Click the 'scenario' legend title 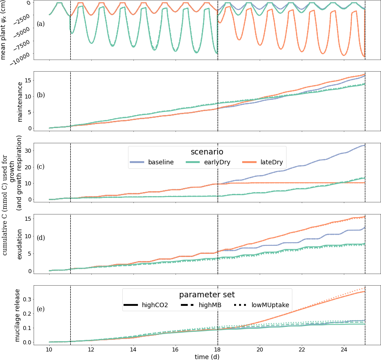[x=207, y=152]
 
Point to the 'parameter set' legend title [x=207, y=295]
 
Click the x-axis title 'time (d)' [x=207, y=356]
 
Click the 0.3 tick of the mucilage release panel [x=36, y=299]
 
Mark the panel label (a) [x=40, y=24]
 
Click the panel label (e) [x=40, y=309]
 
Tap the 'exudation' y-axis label [x=20, y=243]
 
